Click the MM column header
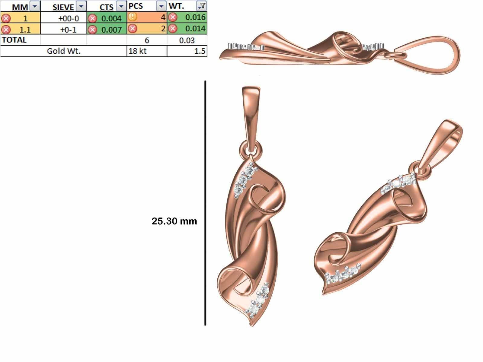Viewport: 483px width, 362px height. pos(20,7)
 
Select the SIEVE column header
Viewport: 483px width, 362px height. pos(63,7)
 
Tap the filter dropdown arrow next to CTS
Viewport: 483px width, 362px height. pos(121,6)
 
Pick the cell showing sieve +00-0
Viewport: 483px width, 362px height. pos(68,18)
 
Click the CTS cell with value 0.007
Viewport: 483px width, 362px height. pos(111,29)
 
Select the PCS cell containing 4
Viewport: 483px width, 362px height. pos(163,17)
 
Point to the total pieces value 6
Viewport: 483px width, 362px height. pos(147,40)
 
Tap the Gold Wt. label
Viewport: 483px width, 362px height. pos(63,51)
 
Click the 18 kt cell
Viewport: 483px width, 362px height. pos(137,51)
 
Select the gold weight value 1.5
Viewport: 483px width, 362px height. pos(200,51)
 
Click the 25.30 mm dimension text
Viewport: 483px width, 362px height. pos(174,221)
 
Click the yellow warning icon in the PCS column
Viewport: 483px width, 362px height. pos(132,17)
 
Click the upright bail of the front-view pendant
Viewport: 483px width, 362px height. pos(251,115)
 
